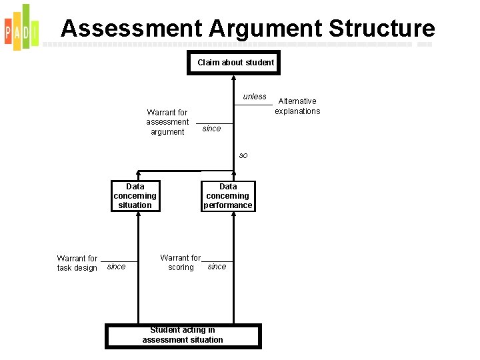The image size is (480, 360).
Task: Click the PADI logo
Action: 21,27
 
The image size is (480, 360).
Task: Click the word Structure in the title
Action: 381,28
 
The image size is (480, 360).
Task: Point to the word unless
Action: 254,97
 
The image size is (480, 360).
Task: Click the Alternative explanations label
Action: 297,106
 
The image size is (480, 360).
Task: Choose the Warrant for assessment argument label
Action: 167,122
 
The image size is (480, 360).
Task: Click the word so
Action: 243,155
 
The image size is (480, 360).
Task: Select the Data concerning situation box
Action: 135,196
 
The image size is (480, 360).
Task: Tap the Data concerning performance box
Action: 228,196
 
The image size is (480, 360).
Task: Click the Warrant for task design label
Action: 77,263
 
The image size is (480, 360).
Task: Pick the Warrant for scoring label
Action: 180,263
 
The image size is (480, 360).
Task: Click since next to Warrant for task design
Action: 116,267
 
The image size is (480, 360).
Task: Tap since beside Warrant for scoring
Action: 217,267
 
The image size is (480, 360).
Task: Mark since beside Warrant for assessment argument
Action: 211,129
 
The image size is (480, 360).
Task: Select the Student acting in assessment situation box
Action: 183,335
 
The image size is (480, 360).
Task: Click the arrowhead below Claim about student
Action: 233,77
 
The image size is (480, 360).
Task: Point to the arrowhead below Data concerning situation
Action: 138,216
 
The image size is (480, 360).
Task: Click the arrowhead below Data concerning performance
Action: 233,216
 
